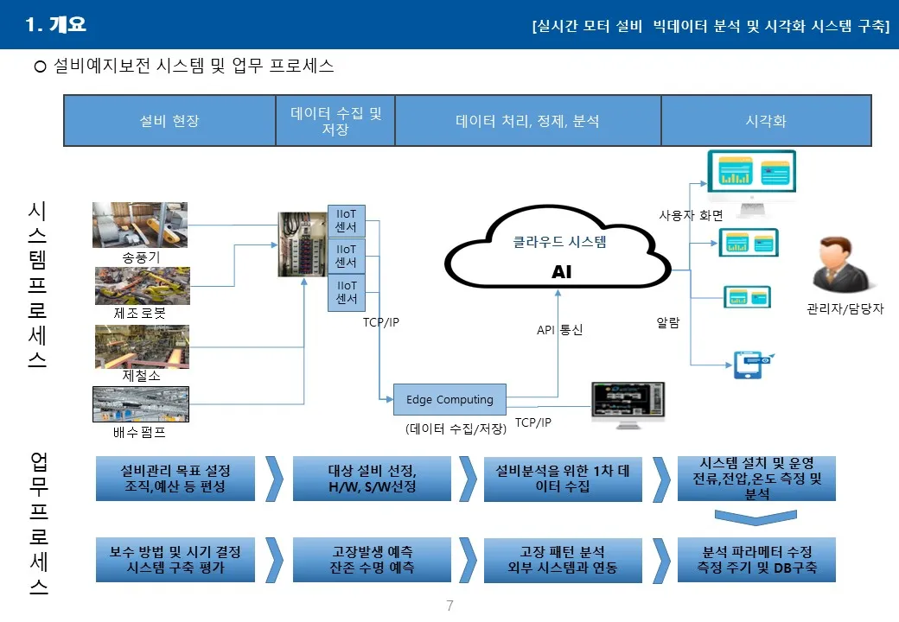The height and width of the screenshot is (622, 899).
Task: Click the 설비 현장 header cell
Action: [169, 121]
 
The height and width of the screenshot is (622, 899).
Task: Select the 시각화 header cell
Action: [766, 121]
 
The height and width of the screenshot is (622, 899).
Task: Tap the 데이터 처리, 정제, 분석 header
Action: [527, 121]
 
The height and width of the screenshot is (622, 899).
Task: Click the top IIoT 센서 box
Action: [346, 220]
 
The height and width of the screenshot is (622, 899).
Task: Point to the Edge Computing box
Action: [449, 400]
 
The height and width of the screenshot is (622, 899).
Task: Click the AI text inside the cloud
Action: [562, 273]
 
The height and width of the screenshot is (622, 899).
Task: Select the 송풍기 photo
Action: [140, 225]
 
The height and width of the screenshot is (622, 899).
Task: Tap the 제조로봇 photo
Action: [141, 286]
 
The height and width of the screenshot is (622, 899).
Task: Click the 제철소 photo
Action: [142, 347]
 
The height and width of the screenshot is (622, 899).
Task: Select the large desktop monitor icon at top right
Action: [750, 180]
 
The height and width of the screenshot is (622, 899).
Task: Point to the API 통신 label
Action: [559, 330]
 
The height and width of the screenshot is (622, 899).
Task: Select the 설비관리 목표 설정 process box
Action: [175, 479]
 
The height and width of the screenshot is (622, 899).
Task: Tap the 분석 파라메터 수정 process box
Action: [756, 560]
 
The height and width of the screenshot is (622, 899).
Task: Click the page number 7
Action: [449, 606]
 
